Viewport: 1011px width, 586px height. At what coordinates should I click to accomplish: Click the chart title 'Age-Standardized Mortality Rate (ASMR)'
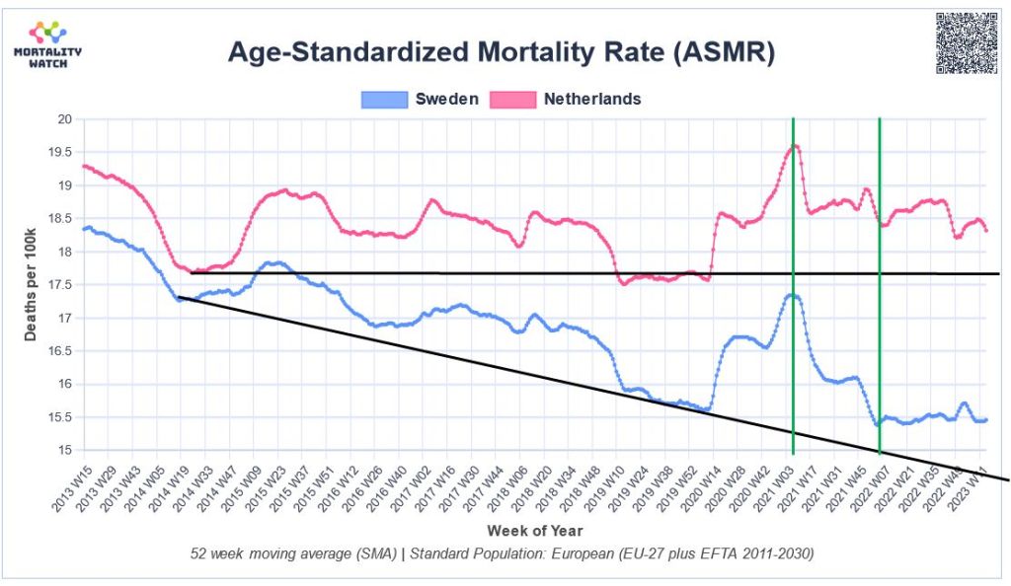501,52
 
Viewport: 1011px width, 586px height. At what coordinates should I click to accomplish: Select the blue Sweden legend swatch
384,99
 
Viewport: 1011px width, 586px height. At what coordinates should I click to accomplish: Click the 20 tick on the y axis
65,119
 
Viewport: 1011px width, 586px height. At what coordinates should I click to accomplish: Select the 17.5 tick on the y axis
61,285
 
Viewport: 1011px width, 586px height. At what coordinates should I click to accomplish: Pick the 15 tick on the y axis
65,451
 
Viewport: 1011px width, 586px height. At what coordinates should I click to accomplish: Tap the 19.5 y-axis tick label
61,153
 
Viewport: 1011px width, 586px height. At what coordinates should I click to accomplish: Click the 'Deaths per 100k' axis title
32,285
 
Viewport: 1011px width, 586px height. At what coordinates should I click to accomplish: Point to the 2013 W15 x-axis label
70,483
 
